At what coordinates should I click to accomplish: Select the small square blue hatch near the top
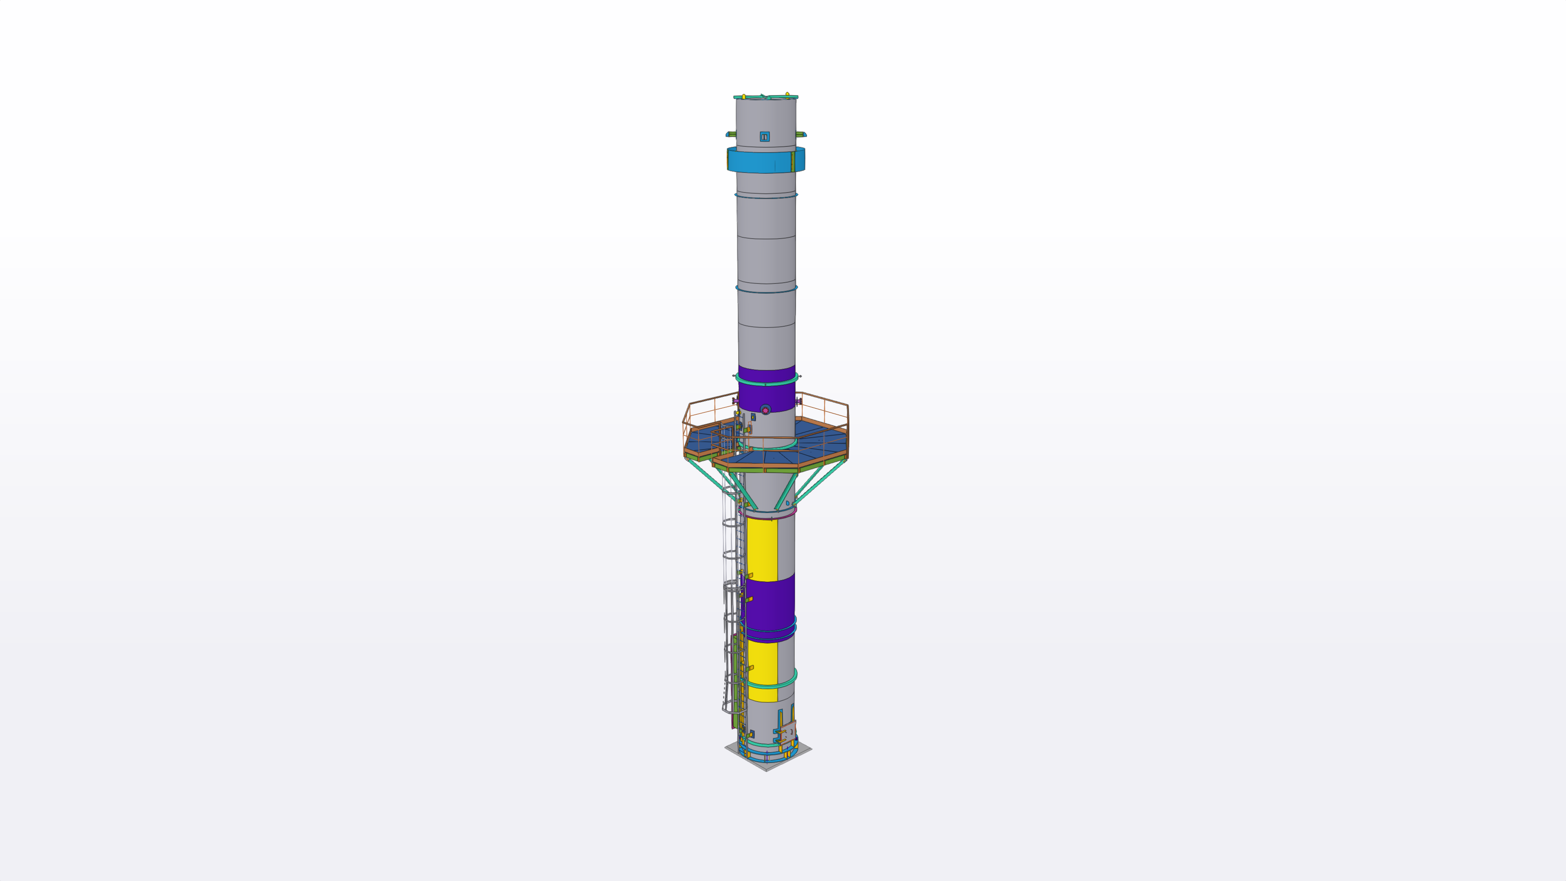(x=765, y=137)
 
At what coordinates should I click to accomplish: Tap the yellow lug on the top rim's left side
(x=743, y=97)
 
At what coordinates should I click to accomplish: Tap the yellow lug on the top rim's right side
(x=787, y=95)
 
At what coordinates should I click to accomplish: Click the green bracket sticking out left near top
(x=731, y=134)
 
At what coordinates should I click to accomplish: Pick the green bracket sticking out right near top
(x=801, y=134)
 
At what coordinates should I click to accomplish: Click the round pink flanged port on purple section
(x=765, y=410)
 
